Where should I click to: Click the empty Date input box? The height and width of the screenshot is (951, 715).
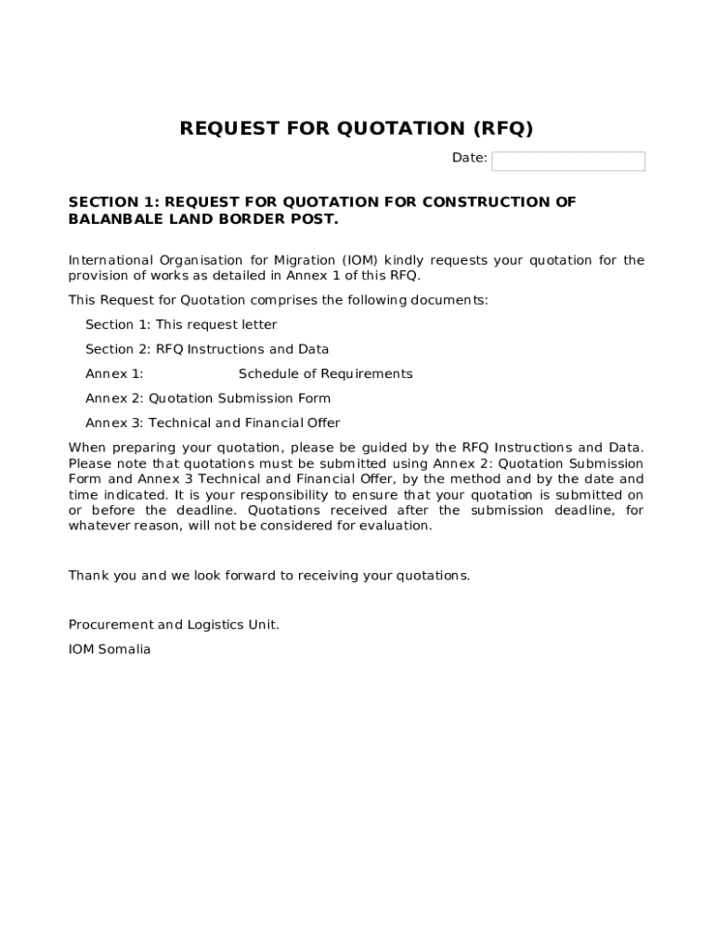tap(568, 162)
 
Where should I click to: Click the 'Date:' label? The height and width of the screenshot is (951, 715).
tap(470, 158)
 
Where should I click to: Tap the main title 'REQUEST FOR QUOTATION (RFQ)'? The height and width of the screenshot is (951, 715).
tap(357, 128)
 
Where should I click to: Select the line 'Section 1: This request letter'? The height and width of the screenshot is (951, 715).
tap(181, 325)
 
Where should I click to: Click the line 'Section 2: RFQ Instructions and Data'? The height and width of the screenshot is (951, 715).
tap(207, 349)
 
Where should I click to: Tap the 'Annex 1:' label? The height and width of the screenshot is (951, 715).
tap(114, 374)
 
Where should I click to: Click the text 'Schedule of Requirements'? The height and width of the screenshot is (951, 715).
tap(325, 374)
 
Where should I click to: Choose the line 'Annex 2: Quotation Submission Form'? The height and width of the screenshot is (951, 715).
tap(208, 398)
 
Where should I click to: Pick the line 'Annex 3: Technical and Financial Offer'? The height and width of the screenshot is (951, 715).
tap(213, 423)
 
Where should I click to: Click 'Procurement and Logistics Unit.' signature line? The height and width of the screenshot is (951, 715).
tap(174, 625)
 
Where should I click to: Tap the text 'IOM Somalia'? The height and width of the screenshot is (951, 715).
tap(110, 650)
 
